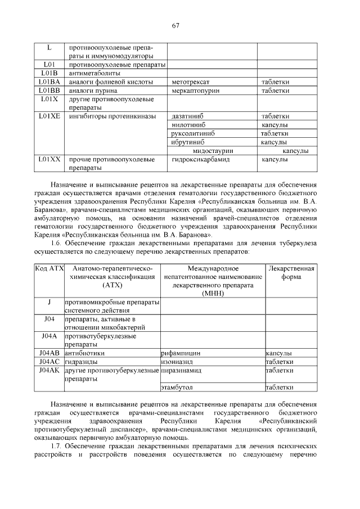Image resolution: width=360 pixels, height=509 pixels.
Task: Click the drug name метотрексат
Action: coord(190,82)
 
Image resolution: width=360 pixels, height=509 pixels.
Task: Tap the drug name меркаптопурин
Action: coord(195,91)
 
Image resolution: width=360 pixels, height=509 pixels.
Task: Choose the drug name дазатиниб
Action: coord(187,116)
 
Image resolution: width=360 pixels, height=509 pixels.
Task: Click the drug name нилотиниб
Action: coord(187,125)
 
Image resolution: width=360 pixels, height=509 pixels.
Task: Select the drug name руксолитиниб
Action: coord(192,134)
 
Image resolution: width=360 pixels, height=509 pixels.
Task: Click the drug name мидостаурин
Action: coord(213,151)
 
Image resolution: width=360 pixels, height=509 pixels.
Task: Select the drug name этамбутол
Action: coord(177,388)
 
